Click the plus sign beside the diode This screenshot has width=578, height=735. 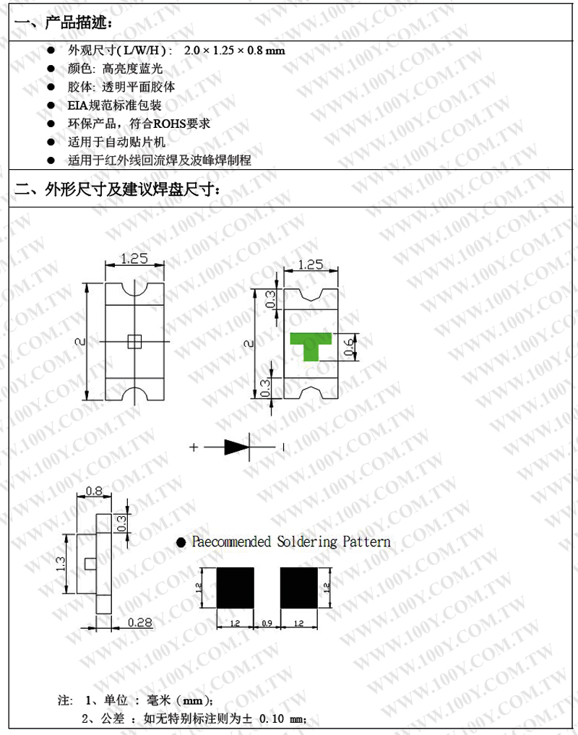pyautogui.click(x=194, y=447)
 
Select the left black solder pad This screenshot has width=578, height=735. pyautogui.click(x=236, y=586)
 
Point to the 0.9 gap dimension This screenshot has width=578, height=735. pyautogui.click(x=267, y=622)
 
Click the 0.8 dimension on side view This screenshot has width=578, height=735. pyautogui.click(x=94, y=491)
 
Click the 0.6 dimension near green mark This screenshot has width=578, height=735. pyautogui.click(x=348, y=347)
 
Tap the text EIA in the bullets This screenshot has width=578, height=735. pyautogui.click(x=77, y=106)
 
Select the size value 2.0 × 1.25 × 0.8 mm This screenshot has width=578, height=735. pyautogui.click(x=235, y=51)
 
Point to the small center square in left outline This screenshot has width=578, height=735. pyautogui.click(x=134, y=342)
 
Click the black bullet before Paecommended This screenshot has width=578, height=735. pyautogui.click(x=181, y=541)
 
